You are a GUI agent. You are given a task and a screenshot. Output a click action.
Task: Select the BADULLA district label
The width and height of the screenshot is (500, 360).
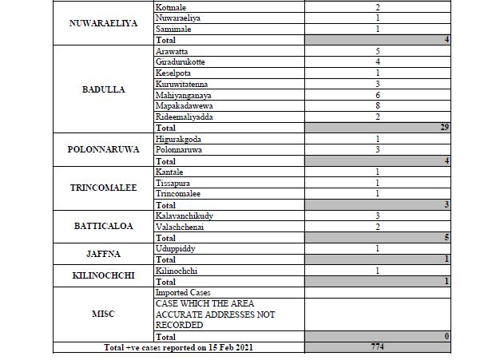[103, 89]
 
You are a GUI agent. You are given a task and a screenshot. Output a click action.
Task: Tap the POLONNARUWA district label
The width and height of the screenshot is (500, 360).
[103, 149]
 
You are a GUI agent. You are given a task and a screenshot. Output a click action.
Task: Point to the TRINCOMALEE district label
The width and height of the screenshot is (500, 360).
[103, 188]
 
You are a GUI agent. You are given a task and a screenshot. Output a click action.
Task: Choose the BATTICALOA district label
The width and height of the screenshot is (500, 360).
[103, 226]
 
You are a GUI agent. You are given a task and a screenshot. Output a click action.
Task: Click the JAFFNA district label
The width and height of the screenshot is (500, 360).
[103, 255]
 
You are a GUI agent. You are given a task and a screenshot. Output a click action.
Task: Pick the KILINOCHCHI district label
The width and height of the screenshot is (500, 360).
[103, 276]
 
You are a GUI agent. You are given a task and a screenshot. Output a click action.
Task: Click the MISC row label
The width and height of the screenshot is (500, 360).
[103, 314]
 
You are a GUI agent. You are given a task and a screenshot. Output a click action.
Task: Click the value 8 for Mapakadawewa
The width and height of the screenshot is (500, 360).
[376, 105]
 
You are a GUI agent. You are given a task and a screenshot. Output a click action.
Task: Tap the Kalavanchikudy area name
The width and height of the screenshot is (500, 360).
[185, 216]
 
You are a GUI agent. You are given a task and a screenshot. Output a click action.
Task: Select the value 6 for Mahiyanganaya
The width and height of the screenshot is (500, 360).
[376, 93]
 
